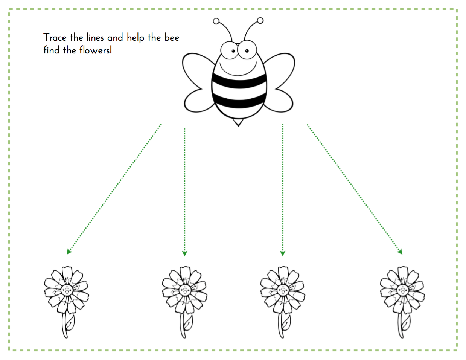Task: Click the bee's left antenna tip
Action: click(x=216, y=21)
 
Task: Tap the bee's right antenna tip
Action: click(x=260, y=21)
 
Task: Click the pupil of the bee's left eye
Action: click(x=233, y=51)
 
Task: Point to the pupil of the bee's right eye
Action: click(x=247, y=51)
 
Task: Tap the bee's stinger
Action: click(x=238, y=122)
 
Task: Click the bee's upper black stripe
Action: click(x=239, y=81)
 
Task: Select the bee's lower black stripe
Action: click(x=239, y=100)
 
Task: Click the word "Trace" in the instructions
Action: click(x=55, y=38)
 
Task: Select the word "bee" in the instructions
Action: click(x=172, y=37)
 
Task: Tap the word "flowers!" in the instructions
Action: click(x=96, y=50)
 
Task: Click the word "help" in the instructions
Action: click(x=136, y=38)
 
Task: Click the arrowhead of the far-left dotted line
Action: click(x=69, y=252)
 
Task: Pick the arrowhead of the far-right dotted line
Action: click(x=400, y=252)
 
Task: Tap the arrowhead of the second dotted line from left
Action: click(x=185, y=253)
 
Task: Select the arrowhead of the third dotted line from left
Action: click(x=283, y=253)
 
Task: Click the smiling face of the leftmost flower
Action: click(x=67, y=290)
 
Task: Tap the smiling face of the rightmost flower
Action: click(x=402, y=290)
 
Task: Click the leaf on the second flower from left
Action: click(x=188, y=322)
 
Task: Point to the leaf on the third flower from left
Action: click(x=286, y=322)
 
